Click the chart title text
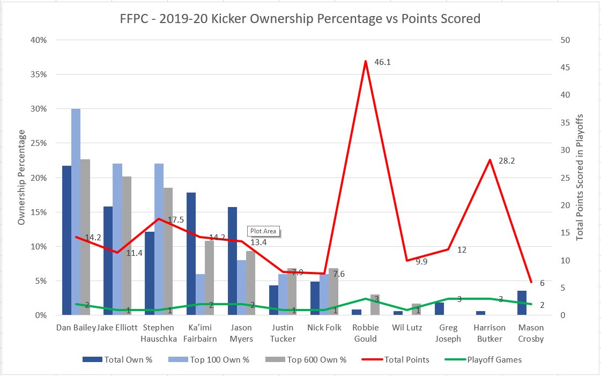300,19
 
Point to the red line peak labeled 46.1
365,61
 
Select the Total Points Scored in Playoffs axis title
580,177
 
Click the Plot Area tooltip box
263,231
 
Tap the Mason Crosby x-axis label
530,333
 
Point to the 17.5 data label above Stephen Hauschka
172,220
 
